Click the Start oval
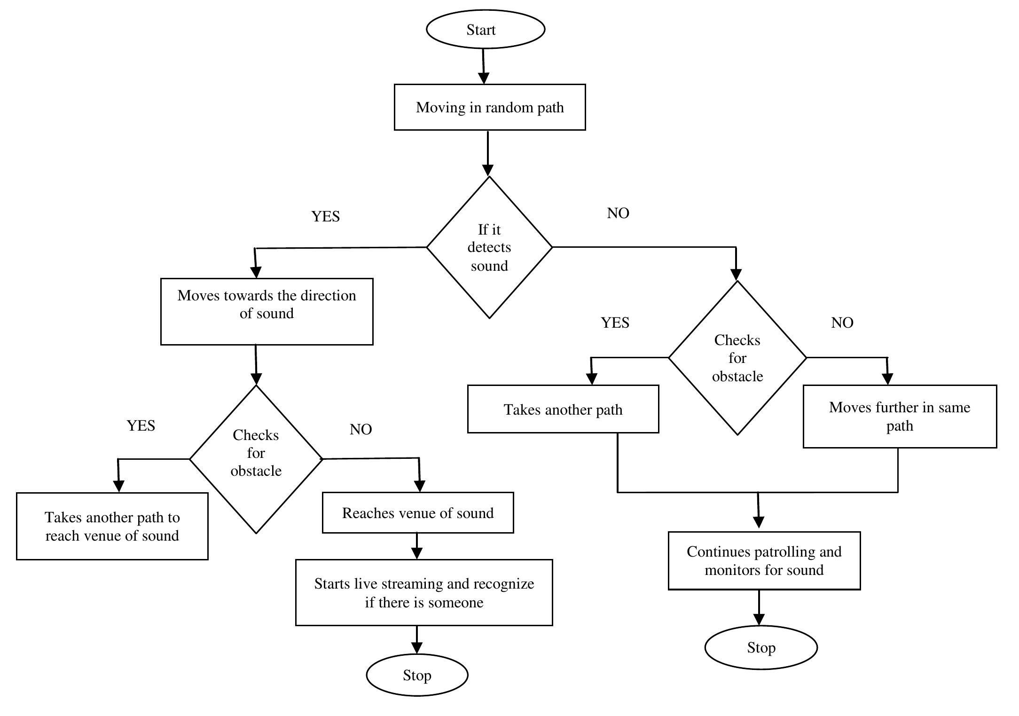(485, 29)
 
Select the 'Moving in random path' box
(489, 107)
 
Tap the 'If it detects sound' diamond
(489, 247)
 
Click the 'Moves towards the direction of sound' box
(267, 311)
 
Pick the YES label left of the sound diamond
(325, 216)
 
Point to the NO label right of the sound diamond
(618, 213)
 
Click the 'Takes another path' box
(563, 409)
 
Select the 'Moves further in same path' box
(899, 416)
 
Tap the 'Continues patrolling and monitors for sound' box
(764, 560)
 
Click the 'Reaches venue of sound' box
(417, 512)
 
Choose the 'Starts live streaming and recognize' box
(423, 592)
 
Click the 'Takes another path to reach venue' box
(112, 526)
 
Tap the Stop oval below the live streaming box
(417, 675)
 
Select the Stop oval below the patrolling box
(760, 647)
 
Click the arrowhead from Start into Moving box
(484, 78)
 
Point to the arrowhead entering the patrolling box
(758, 522)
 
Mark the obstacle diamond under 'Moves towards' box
(256, 459)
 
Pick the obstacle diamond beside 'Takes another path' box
(737, 358)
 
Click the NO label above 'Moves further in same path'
(842, 323)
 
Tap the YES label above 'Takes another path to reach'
(141, 425)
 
